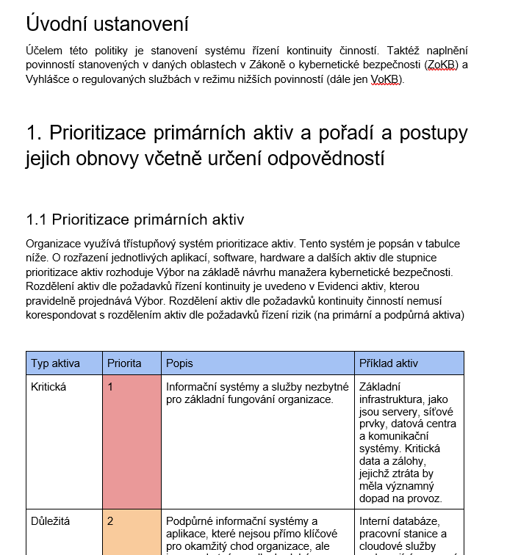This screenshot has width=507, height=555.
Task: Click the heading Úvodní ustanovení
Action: [107, 23]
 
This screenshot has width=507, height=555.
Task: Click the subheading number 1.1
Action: [37, 220]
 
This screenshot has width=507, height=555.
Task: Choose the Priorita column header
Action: [124, 363]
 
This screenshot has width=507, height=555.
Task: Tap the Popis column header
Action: [179, 363]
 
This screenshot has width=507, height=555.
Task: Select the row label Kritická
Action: [48, 387]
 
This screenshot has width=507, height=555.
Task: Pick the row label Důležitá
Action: [51, 521]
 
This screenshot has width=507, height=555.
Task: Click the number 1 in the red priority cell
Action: [110, 387]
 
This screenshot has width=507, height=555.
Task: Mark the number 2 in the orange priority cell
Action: [110, 521]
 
